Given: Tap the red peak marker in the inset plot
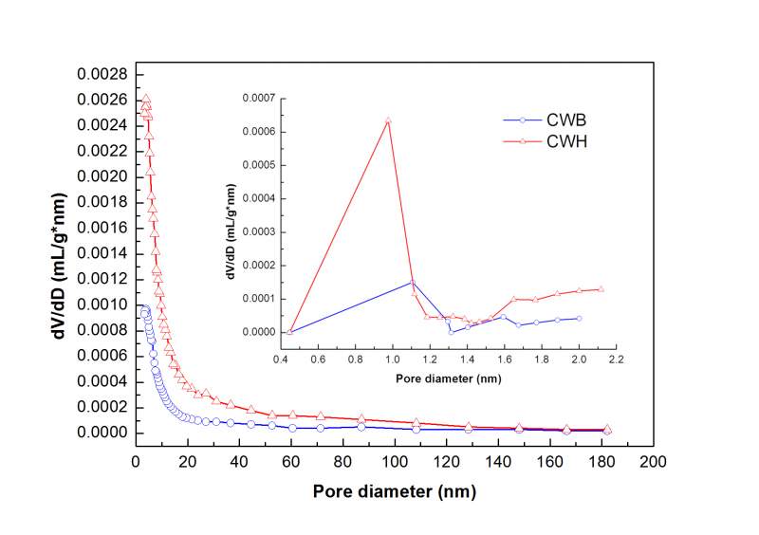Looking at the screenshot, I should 388,120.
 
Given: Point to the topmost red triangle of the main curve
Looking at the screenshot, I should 145,99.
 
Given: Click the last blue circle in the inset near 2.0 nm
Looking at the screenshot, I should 579,318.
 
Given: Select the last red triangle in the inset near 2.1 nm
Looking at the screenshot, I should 601,289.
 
